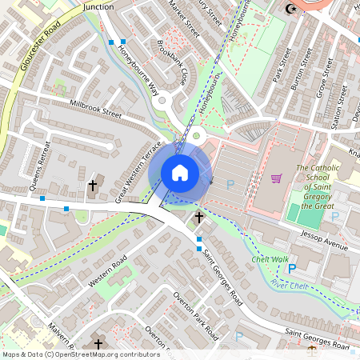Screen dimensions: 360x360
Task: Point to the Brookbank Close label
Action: click(x=173, y=63)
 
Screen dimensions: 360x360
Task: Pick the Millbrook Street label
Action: click(x=95, y=110)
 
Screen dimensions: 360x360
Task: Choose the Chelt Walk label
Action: click(x=270, y=259)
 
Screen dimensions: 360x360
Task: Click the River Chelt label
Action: click(x=290, y=285)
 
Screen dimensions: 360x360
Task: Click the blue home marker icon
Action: click(x=180, y=172)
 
